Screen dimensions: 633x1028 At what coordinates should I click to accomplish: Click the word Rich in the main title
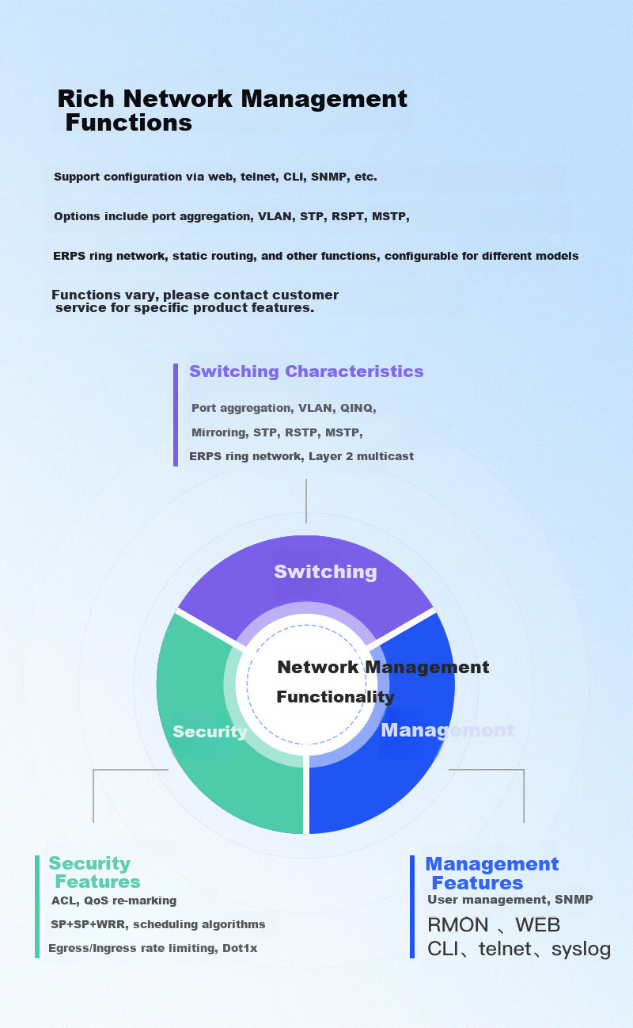click(85, 99)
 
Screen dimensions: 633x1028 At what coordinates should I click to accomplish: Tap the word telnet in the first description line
click(260, 177)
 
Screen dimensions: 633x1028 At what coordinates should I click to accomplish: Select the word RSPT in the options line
click(348, 217)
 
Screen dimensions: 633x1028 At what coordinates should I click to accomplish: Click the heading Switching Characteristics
click(306, 371)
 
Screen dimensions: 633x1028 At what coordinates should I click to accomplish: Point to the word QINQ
click(358, 409)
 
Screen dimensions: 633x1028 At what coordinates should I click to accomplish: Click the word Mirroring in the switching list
click(218, 432)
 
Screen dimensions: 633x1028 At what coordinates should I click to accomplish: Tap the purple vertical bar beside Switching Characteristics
click(176, 415)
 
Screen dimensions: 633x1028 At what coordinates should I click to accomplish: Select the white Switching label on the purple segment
click(325, 572)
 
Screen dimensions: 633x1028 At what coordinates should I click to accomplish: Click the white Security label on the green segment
click(210, 732)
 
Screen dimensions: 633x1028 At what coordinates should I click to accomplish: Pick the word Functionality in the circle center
click(335, 697)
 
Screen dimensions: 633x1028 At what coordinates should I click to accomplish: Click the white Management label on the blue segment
click(447, 730)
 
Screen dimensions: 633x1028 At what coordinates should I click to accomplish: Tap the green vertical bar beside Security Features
click(37, 906)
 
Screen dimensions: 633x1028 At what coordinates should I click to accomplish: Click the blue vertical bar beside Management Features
click(412, 906)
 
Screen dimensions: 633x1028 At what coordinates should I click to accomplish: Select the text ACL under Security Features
click(65, 900)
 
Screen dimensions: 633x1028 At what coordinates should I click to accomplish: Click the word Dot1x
click(240, 948)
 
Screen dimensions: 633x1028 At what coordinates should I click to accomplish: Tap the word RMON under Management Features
click(458, 925)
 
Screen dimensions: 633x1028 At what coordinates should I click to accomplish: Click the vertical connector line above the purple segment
click(306, 501)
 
